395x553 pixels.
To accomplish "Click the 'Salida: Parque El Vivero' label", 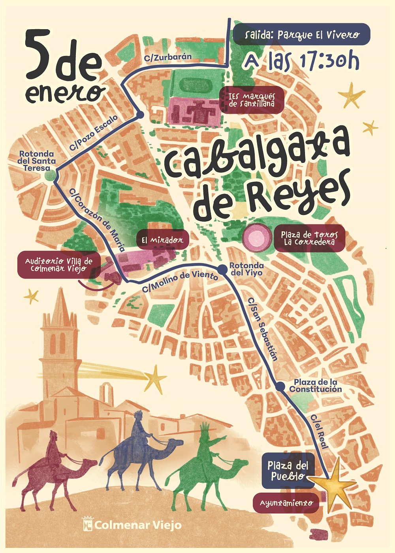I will (301, 34).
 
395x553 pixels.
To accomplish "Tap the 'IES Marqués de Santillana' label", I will (252, 100).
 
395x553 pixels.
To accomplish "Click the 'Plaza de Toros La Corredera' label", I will (309, 238).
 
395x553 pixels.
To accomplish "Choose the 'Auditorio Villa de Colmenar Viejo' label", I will (58, 265).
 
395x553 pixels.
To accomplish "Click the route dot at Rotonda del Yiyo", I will (222, 269).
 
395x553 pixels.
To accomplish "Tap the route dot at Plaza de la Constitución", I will (280, 387).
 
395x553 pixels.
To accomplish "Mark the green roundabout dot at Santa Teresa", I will (50, 176).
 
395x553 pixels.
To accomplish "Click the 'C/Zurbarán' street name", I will (168, 58).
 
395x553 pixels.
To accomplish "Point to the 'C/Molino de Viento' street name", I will (180, 281).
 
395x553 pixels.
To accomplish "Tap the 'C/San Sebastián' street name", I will (263, 329).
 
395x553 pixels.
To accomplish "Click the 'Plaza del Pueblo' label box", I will (287, 471).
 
